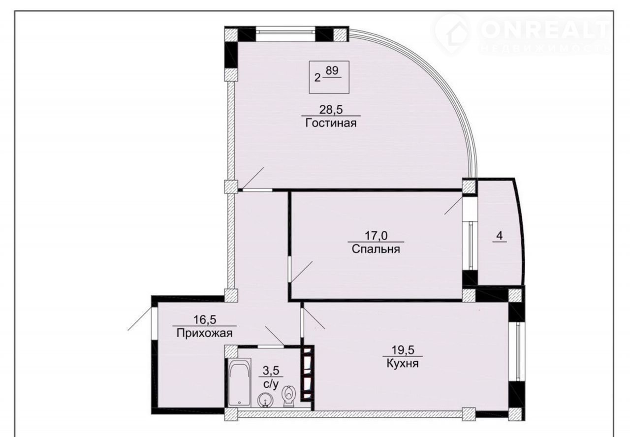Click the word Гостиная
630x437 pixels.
pyautogui.click(x=331, y=123)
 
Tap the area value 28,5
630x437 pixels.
pyautogui.click(x=331, y=109)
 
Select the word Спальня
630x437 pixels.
pyautogui.click(x=376, y=249)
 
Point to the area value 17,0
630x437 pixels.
pyautogui.click(x=376, y=236)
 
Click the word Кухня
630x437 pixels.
pyautogui.click(x=403, y=364)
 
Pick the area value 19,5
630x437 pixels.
pyautogui.click(x=403, y=350)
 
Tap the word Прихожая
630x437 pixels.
pyautogui.click(x=204, y=334)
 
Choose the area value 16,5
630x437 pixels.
pyautogui.click(x=205, y=320)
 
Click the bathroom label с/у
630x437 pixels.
pyautogui.click(x=271, y=384)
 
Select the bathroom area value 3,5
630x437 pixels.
pyautogui.click(x=271, y=371)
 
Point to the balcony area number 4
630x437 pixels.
pyautogui.click(x=499, y=236)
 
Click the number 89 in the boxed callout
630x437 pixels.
pyautogui.click(x=332, y=70)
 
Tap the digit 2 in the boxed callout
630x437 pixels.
pyautogui.click(x=317, y=78)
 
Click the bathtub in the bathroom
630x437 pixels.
pyautogui.click(x=239, y=382)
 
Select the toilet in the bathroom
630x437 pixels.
pyautogui.click(x=288, y=397)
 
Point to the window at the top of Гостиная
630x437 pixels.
pyautogui.click(x=285, y=31)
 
